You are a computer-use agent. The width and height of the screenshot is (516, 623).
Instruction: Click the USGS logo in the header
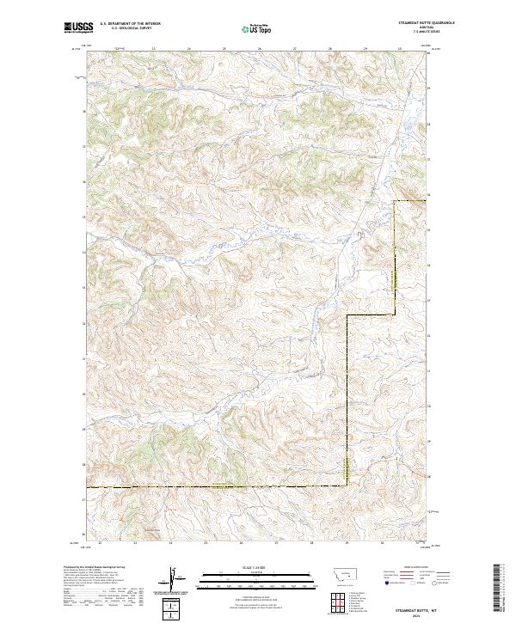(x=77, y=27)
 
